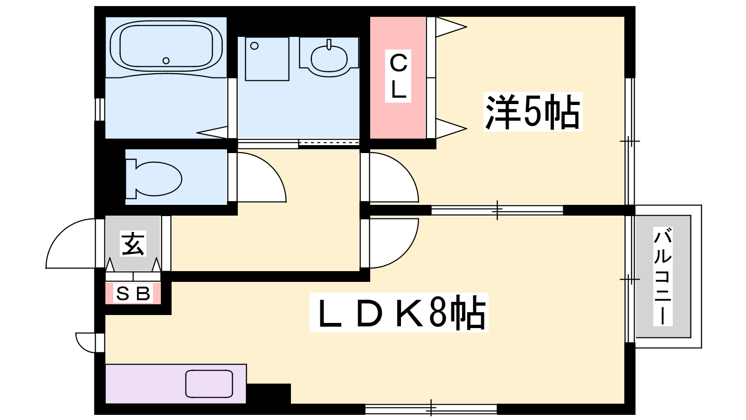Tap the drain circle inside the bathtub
coord(166,61)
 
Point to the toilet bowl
coord(154,179)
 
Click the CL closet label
coord(398,76)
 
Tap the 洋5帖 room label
coord(533,112)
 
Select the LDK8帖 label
coord(399,312)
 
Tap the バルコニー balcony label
coord(663,276)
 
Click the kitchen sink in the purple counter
coord(209,384)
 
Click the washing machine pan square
coord(267,59)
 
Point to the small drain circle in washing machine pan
coord(255,46)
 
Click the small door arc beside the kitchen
coord(82,347)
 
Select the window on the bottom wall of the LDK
coord(431,409)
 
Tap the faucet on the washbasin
coord(329,45)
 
